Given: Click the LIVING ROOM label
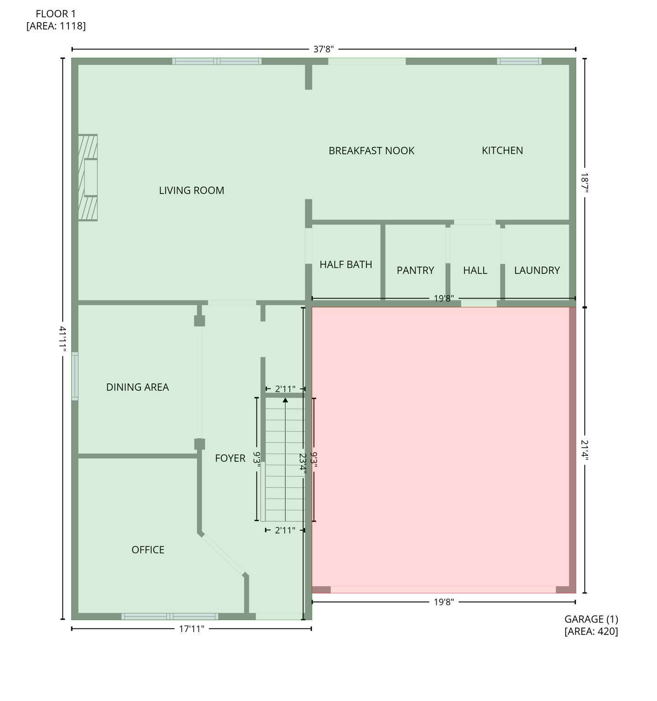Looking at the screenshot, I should click(x=192, y=190).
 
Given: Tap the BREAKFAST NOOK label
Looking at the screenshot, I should click(x=371, y=151).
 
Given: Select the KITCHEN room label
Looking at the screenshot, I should click(x=502, y=151).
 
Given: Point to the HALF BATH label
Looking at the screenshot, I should click(x=346, y=265).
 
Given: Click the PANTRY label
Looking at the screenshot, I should click(x=415, y=270).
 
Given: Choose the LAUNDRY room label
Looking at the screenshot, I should click(x=537, y=270).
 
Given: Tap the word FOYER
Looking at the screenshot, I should click(x=230, y=458).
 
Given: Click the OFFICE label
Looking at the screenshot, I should click(x=148, y=550).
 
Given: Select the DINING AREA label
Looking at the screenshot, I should click(x=137, y=387).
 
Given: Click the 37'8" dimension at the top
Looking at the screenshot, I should click(x=323, y=49).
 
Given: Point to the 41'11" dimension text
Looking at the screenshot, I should click(x=63, y=339).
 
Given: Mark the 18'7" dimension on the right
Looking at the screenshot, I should click(x=584, y=183).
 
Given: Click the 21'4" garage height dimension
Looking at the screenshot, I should click(x=584, y=450).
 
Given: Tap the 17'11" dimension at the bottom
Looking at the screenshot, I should click(x=192, y=629).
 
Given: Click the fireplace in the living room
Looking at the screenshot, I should click(x=88, y=178).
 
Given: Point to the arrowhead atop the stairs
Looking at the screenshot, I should click(x=285, y=400).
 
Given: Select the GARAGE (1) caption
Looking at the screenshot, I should click(x=591, y=619).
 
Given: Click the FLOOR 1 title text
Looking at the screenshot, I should click(x=56, y=14).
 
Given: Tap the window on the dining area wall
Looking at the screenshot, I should click(x=75, y=376).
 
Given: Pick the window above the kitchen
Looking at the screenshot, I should click(x=519, y=61).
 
